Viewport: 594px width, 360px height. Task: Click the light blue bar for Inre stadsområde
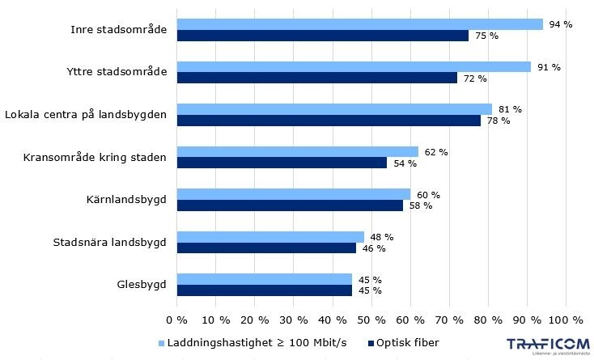[x=359, y=24]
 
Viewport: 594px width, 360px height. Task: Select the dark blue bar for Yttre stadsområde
[x=316, y=78]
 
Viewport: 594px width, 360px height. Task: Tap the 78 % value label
[x=499, y=121]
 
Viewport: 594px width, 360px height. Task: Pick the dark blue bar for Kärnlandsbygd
[x=290, y=205]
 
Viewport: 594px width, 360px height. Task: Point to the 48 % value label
[x=382, y=237]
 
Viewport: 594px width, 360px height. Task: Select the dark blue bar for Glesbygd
[x=264, y=290]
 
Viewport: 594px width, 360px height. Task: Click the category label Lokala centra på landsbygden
[x=86, y=115]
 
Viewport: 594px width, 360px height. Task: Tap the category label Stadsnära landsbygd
[x=110, y=242]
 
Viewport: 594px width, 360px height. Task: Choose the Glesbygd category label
[x=142, y=285]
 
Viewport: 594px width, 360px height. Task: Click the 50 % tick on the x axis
[x=371, y=320]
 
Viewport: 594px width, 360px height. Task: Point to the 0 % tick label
[x=176, y=320]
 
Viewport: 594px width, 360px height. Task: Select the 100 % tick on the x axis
[x=566, y=320]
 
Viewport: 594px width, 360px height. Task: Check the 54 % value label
[x=405, y=163]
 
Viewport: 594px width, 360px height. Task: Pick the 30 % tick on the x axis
[x=294, y=320]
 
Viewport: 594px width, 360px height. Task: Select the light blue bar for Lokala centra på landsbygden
[x=334, y=109]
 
